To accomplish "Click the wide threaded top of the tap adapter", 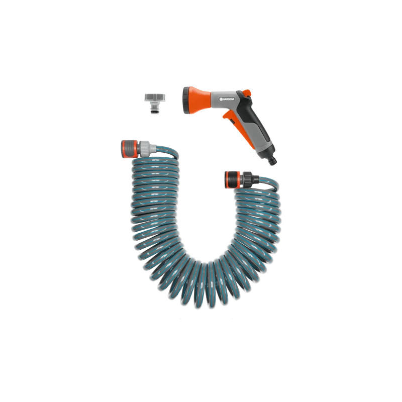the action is click(x=155, y=97).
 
